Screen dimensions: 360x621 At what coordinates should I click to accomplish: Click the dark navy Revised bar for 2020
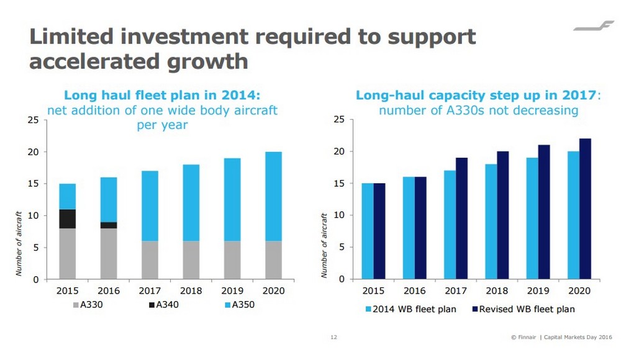click(x=586, y=209)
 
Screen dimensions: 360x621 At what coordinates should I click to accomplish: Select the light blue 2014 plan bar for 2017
click(x=449, y=225)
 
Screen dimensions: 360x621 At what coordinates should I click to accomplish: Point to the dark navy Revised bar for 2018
click(x=504, y=215)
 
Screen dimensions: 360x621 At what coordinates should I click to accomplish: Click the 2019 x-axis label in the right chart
click(x=538, y=290)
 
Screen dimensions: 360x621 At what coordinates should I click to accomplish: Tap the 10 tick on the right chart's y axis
click(x=338, y=215)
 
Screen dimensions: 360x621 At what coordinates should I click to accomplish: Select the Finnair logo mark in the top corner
click(x=592, y=27)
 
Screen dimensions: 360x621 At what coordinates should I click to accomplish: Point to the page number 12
click(x=333, y=338)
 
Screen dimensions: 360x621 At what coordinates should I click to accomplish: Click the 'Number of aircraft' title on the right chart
click(x=324, y=245)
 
